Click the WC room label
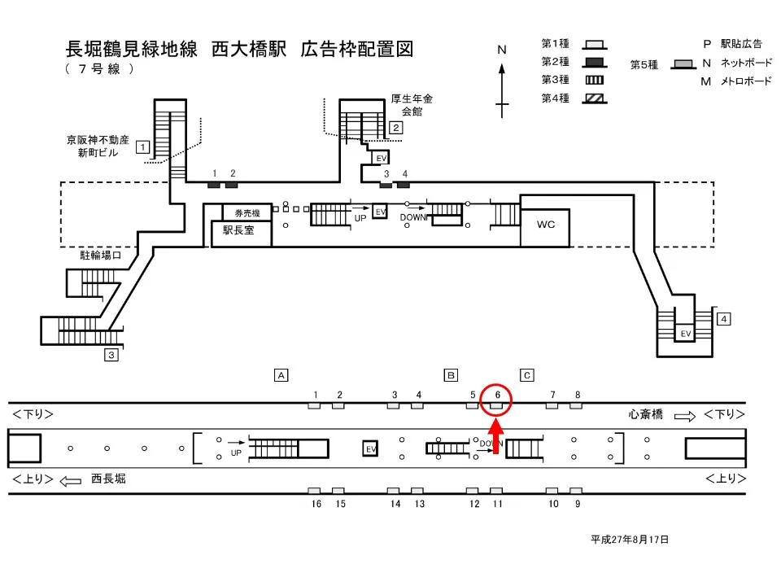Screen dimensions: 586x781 [546, 225]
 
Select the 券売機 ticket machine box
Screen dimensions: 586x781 [242, 213]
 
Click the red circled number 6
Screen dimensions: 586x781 [496, 396]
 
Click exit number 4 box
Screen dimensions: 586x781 [724, 318]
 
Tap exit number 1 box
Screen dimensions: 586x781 [142, 147]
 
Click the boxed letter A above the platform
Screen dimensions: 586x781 [281, 375]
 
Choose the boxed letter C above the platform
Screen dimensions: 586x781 [527, 375]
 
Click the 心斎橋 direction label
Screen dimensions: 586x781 [647, 415]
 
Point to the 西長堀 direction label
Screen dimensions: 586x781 [108, 479]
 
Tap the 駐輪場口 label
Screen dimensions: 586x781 [100, 256]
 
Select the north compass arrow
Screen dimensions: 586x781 [503, 81]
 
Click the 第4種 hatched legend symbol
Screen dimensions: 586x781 [596, 98]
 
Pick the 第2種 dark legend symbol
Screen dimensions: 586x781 [596, 62]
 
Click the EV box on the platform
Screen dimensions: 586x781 [370, 448]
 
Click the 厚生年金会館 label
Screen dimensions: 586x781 [412, 105]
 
